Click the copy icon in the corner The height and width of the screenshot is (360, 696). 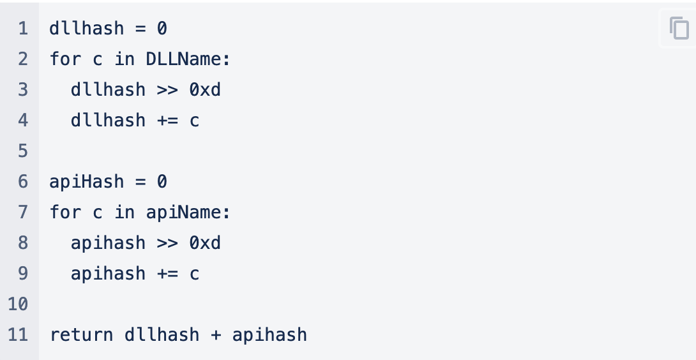679,28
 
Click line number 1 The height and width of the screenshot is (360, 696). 23,28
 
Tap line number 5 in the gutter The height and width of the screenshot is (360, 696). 23,151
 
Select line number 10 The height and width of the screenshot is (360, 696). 18,304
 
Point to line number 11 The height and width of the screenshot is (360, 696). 18,334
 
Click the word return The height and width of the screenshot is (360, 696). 82,334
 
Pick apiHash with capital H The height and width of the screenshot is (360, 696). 87,181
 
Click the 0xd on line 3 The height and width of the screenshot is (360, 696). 205,89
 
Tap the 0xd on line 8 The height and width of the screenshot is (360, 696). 205,243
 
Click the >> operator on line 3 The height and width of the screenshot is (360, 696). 167,89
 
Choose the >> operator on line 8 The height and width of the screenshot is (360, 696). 167,243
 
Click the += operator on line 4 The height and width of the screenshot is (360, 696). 167,120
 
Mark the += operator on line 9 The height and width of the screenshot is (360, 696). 167,273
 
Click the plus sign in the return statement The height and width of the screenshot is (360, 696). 216,334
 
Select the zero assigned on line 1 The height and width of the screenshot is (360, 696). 162,28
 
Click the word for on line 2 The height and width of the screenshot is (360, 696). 66,59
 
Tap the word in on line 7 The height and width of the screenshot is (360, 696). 125,212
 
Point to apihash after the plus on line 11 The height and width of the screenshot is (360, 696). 269,334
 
